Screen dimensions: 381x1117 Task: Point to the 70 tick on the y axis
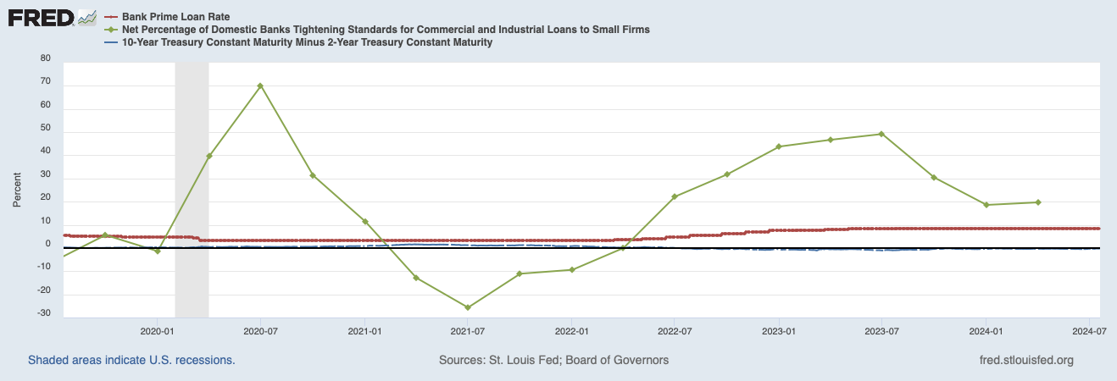pos(46,83)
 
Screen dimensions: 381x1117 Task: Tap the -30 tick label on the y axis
pos(44,314)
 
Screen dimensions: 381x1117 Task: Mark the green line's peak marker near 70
pos(260,86)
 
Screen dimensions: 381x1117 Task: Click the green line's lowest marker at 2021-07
pos(467,307)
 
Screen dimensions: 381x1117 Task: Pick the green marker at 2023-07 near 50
pos(881,134)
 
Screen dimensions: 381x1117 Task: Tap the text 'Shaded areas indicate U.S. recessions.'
pos(131,360)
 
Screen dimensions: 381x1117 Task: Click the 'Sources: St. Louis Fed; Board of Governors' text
pos(553,360)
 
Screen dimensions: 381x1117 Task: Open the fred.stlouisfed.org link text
pos(1025,360)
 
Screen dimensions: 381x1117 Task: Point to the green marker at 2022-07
pos(675,196)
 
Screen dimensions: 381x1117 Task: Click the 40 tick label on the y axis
pos(46,152)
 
